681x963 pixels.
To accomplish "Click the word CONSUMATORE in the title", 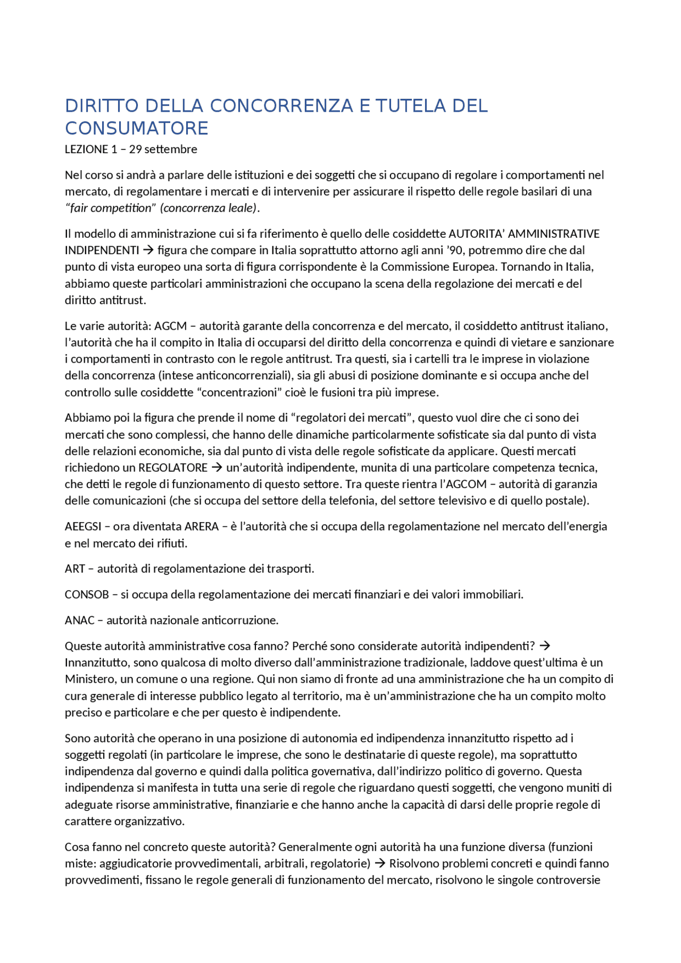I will (x=137, y=129).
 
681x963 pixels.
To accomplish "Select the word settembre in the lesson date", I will (x=171, y=149).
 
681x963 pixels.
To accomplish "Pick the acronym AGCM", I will (x=170, y=326).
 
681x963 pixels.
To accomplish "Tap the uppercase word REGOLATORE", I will (x=173, y=468).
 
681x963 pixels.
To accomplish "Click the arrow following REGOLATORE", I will (x=217, y=468).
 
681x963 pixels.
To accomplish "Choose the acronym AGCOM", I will (x=466, y=484).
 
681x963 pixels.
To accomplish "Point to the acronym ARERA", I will (x=202, y=526).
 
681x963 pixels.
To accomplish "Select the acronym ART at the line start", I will (x=75, y=569).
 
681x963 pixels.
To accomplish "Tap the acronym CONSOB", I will (x=87, y=594).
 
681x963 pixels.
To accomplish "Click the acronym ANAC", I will (x=80, y=621).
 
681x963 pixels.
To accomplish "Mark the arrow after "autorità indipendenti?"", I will (x=545, y=646).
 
